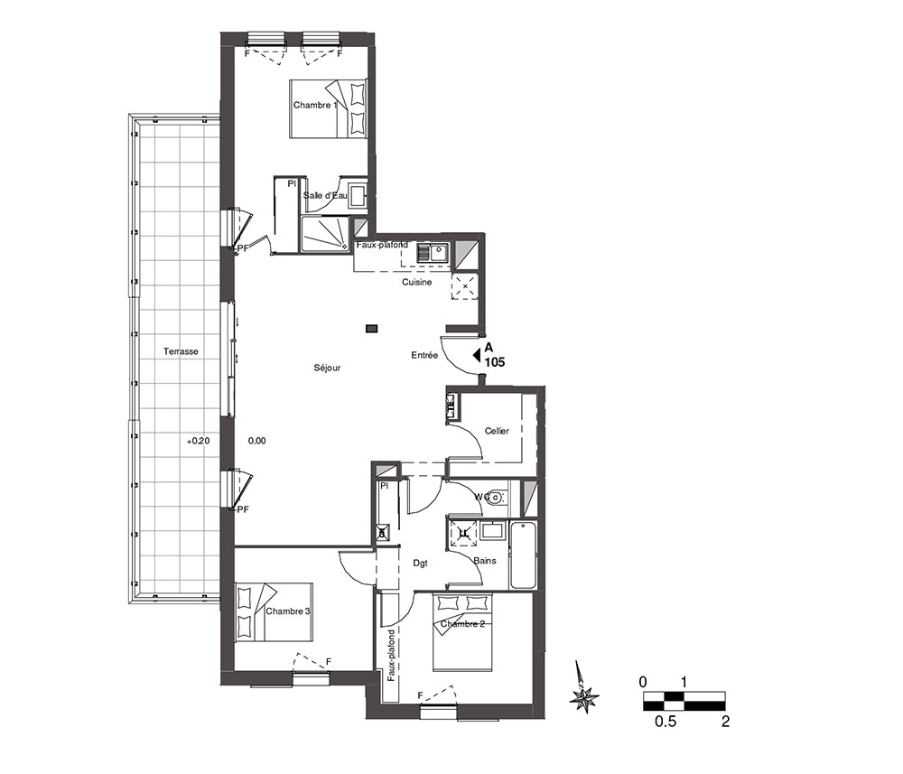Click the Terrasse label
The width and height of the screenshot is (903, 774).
pyautogui.click(x=181, y=351)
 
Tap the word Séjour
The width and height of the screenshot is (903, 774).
pyautogui.click(x=327, y=368)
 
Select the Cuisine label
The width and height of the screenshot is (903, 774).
pyautogui.click(x=417, y=282)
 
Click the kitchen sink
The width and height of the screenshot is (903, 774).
pyautogui.click(x=433, y=252)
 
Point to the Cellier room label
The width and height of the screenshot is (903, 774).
pyautogui.click(x=497, y=431)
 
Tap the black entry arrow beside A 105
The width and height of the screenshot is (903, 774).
pyautogui.click(x=476, y=355)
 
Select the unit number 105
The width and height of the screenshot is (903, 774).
pyautogui.click(x=495, y=362)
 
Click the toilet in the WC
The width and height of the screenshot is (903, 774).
pyautogui.click(x=495, y=497)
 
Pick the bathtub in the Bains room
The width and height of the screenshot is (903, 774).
pyautogui.click(x=523, y=555)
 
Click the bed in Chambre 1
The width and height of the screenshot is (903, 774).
pyautogui.click(x=328, y=108)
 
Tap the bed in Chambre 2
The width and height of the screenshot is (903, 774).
pyautogui.click(x=463, y=632)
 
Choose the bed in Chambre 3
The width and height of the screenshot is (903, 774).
pyautogui.click(x=274, y=611)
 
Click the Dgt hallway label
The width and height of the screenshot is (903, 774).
pyautogui.click(x=421, y=564)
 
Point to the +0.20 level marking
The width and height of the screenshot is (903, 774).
pyautogui.click(x=198, y=441)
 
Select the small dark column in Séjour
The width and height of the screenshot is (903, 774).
pyautogui.click(x=372, y=329)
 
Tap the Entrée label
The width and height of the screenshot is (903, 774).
pyautogui.click(x=424, y=355)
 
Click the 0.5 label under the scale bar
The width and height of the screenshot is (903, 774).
pyautogui.click(x=666, y=721)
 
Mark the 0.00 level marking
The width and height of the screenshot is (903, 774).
pyautogui.click(x=256, y=441)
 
